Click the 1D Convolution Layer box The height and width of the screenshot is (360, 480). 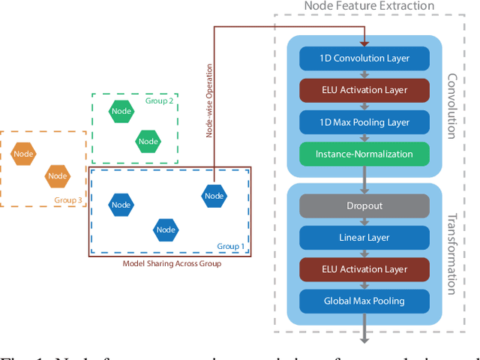(x=364, y=58)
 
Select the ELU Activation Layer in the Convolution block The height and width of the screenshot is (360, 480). (x=364, y=90)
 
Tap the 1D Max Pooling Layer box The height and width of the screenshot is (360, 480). (x=364, y=122)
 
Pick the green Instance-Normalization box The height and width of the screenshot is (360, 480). (x=364, y=154)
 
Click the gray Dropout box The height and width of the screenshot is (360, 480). (x=364, y=205)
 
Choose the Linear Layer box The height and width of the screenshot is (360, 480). (x=364, y=238)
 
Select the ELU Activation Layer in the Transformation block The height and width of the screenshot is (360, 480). (x=364, y=269)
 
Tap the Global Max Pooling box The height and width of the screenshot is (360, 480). (x=364, y=301)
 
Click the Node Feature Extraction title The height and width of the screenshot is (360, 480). (x=368, y=7)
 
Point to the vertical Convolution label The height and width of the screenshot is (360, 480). (x=451, y=105)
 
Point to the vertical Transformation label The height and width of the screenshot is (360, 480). (x=451, y=255)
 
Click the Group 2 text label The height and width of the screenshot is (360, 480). (x=160, y=100)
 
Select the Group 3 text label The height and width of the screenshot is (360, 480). (x=68, y=200)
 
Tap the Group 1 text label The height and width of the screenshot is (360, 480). (x=231, y=246)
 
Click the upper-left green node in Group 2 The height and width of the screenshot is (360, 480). (x=121, y=112)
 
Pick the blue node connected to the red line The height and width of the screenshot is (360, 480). (x=214, y=196)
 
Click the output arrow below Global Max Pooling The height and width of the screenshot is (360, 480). (x=364, y=328)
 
